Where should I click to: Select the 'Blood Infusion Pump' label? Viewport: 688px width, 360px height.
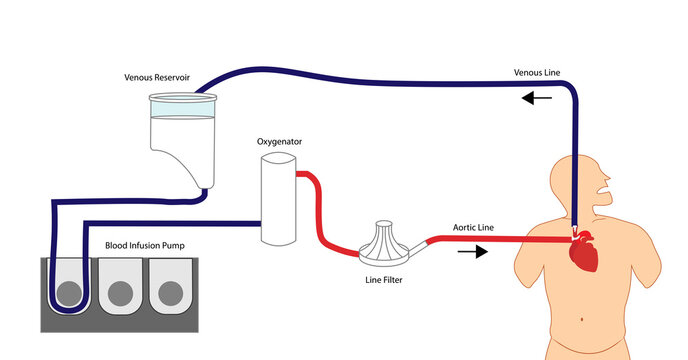pyautogui.click(x=150, y=244)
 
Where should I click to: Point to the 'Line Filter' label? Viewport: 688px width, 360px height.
pyautogui.click(x=384, y=280)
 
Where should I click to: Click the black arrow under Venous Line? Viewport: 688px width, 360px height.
pyautogui.click(x=537, y=98)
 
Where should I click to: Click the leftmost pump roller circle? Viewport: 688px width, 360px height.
pyautogui.click(x=69, y=293)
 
